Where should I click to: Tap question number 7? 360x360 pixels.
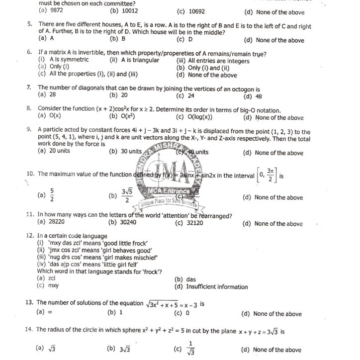click(29, 88)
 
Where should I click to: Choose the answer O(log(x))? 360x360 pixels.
click(199, 117)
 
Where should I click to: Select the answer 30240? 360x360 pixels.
click(131, 223)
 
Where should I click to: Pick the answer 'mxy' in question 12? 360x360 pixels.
click(53, 286)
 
